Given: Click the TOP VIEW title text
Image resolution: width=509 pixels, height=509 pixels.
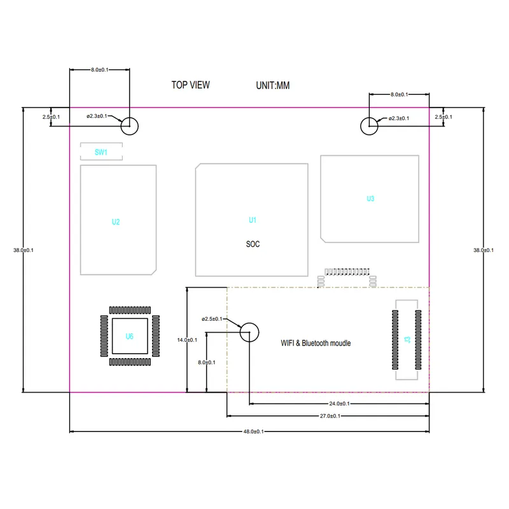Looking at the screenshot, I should coord(190,85).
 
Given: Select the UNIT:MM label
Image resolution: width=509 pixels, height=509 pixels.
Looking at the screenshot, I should coord(272,85).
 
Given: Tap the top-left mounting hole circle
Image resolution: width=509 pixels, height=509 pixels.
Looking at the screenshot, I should coord(130,125).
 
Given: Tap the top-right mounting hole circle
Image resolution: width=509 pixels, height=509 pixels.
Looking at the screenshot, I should coord(368,125).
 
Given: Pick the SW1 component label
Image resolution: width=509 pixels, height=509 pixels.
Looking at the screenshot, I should coord(101,152).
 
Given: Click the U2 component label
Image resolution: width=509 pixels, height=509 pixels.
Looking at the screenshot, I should coord(116,222).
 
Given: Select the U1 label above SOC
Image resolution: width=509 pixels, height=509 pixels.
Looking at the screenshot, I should coord(252,220).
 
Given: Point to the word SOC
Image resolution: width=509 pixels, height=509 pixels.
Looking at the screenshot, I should coord(253,244).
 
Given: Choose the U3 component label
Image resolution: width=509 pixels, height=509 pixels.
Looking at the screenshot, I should coord(370,199).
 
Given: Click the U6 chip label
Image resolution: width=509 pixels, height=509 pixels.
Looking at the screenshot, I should coord(130,336).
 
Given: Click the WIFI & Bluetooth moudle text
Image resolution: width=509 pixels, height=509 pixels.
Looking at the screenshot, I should coord(316,343).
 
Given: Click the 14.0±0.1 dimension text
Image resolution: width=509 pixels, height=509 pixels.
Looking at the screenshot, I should coord(187,340).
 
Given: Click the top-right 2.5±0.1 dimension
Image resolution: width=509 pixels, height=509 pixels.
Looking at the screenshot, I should coord(443,117).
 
